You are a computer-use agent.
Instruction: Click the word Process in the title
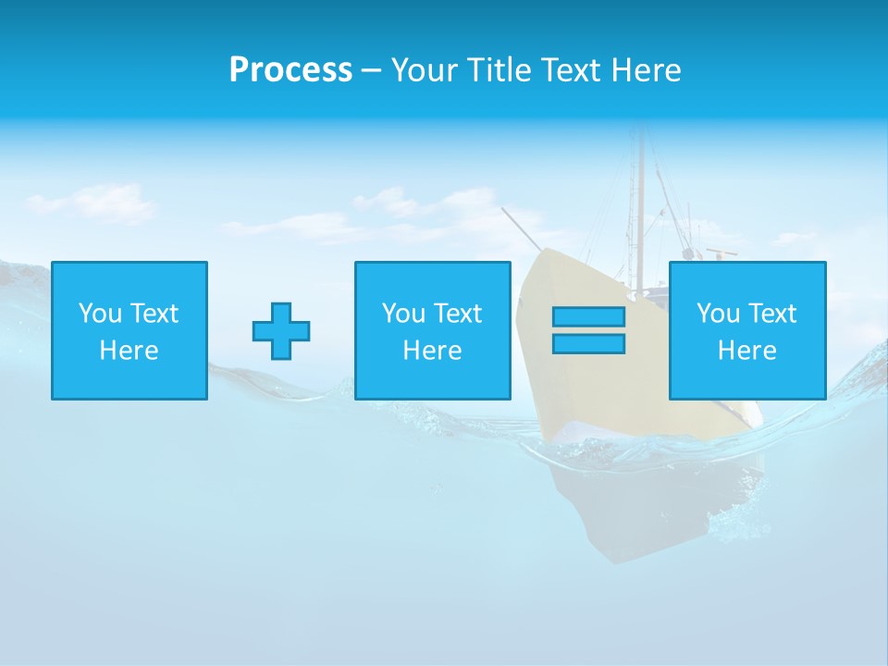pyautogui.click(x=290, y=70)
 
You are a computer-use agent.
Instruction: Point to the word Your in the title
pyautogui.click(x=422, y=70)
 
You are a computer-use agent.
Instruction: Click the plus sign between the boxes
pyautogui.click(x=281, y=330)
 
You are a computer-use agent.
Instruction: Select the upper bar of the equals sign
pyautogui.click(x=588, y=316)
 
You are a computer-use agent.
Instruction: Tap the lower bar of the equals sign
pyautogui.click(x=588, y=343)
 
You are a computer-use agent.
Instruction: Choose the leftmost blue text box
pyautogui.click(x=129, y=330)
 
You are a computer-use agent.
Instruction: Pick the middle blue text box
pyautogui.click(x=432, y=330)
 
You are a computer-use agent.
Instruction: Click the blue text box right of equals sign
pyautogui.click(x=747, y=330)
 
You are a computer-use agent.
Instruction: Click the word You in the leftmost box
pyautogui.click(x=100, y=314)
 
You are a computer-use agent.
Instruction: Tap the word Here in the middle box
pyautogui.click(x=432, y=351)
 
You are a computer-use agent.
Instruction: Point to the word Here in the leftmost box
pyautogui.click(x=129, y=351)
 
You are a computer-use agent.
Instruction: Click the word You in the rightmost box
pyautogui.click(x=718, y=314)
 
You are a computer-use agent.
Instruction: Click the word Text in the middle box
pyautogui.click(x=459, y=314)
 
